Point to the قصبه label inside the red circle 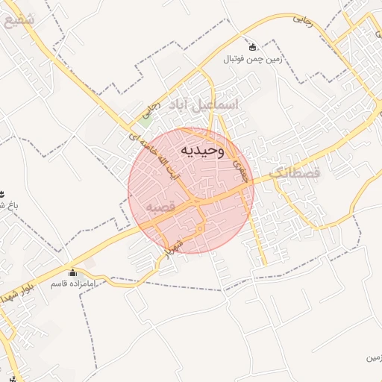tap(160, 205)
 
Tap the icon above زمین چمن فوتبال tap(252, 46)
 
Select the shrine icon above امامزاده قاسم tap(72, 272)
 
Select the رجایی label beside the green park tap(151, 109)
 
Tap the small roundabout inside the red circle tap(199, 228)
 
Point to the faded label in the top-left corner tap(19, 20)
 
